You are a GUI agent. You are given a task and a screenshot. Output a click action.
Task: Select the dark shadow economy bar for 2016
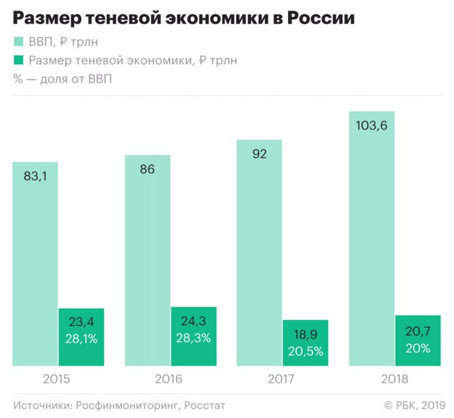(194, 336)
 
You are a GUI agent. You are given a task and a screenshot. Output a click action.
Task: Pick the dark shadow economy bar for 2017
(305, 343)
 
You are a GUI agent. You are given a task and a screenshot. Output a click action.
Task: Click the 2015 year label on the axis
(58, 379)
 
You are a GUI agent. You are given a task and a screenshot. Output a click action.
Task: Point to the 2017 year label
(282, 379)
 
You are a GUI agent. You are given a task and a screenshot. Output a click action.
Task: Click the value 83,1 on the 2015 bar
(35, 176)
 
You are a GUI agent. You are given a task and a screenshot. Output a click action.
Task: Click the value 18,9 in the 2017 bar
(305, 334)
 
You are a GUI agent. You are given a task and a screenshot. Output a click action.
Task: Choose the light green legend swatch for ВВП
(18, 42)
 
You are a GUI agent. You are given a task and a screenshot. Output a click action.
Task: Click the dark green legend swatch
(18, 61)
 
